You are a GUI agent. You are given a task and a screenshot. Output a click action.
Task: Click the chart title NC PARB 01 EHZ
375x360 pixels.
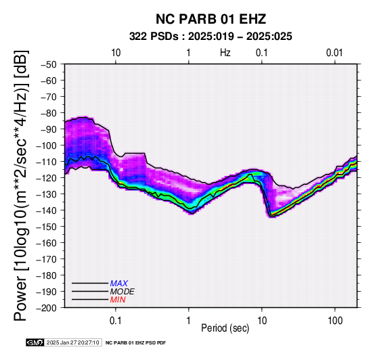[211, 19]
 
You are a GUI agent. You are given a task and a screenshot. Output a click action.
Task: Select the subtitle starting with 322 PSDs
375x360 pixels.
[211, 37]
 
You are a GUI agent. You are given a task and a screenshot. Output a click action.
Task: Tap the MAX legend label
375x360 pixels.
[118, 284]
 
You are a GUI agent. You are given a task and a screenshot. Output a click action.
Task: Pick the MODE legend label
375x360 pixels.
[123, 292]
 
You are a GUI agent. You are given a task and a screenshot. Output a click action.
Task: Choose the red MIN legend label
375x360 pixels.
[118, 300]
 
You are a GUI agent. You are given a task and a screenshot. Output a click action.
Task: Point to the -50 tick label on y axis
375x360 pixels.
[49, 64]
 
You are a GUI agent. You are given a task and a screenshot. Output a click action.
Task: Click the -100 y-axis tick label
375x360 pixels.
[47, 145]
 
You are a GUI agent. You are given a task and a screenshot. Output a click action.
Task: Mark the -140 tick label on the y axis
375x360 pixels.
[47, 210]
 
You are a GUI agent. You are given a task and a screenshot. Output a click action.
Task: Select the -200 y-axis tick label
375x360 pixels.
[47, 308]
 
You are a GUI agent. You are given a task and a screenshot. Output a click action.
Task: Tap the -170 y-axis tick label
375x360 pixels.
[47, 259]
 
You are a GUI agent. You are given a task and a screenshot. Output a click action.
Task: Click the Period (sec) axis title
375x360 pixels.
[225, 328]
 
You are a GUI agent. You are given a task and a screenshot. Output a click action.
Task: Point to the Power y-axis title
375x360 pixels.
[21, 185]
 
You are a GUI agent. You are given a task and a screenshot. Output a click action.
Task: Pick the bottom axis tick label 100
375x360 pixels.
[335, 321]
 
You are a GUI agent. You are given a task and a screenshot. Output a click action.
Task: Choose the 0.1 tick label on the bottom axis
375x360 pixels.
[116, 321]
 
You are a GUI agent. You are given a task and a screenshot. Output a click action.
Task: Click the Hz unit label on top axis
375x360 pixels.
[225, 53]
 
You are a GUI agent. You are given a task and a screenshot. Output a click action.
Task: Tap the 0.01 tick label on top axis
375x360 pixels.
[334, 53]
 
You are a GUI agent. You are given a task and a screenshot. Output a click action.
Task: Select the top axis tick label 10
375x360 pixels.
[116, 53]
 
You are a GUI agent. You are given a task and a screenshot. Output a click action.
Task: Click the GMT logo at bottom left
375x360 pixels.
[35, 342]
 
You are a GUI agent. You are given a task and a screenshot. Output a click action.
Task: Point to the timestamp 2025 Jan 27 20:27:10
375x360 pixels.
[72, 342]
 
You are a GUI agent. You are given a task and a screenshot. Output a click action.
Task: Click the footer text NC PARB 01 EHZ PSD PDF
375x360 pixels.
[135, 343]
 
